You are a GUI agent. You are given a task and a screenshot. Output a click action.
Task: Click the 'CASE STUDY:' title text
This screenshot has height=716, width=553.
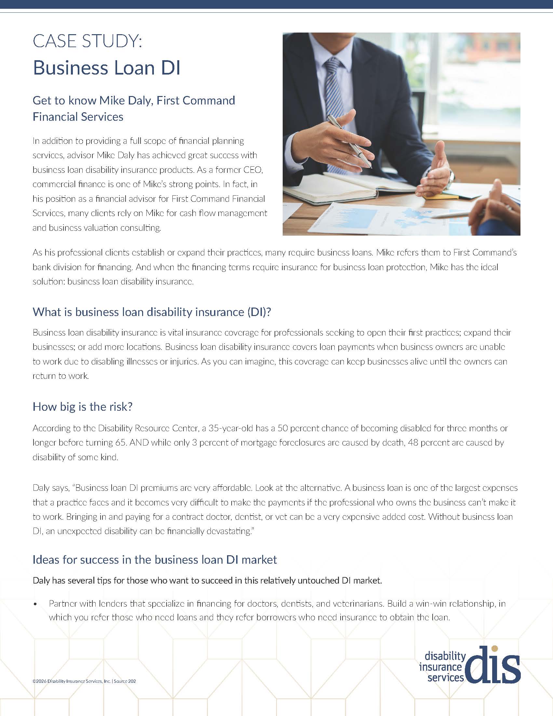coord(88,41)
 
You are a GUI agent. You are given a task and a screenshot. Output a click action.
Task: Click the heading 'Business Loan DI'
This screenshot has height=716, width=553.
coord(106,68)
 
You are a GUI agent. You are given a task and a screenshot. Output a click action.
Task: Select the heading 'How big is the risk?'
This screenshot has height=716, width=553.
coord(83,406)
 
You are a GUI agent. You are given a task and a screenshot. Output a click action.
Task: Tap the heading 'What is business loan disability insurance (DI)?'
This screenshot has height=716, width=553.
coord(152,312)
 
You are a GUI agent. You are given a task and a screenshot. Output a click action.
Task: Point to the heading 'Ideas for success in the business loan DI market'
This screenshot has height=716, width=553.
coord(155,560)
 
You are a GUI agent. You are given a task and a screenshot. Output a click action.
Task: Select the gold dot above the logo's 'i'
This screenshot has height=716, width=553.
coord(495,648)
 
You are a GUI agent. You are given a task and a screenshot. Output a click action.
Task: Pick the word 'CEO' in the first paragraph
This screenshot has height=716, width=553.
coord(253,170)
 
